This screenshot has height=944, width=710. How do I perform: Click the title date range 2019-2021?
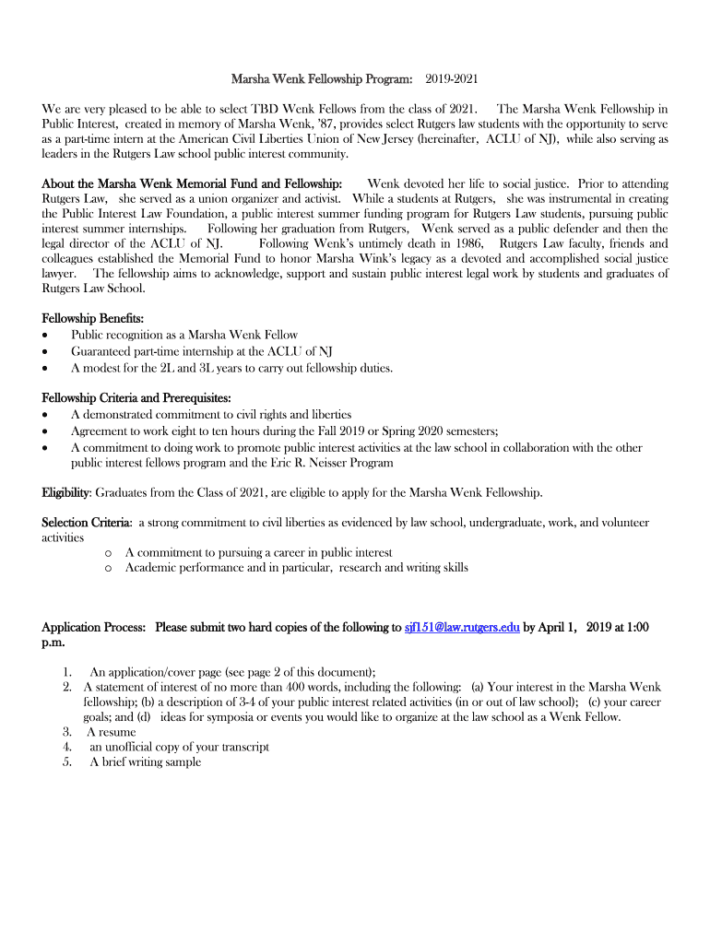pos(452,81)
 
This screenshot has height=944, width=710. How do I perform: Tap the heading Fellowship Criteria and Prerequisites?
pos(136,398)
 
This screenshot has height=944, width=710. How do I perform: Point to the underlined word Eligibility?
pos(65,491)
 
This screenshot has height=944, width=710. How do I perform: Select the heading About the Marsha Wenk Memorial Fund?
pos(192,184)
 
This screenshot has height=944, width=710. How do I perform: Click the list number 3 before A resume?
pos(67,732)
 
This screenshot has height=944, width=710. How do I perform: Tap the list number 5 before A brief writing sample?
pos(67,761)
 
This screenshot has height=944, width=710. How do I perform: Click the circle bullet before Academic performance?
pos(109,568)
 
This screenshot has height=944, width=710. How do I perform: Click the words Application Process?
pos(93,628)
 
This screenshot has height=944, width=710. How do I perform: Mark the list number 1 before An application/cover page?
pos(67,672)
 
